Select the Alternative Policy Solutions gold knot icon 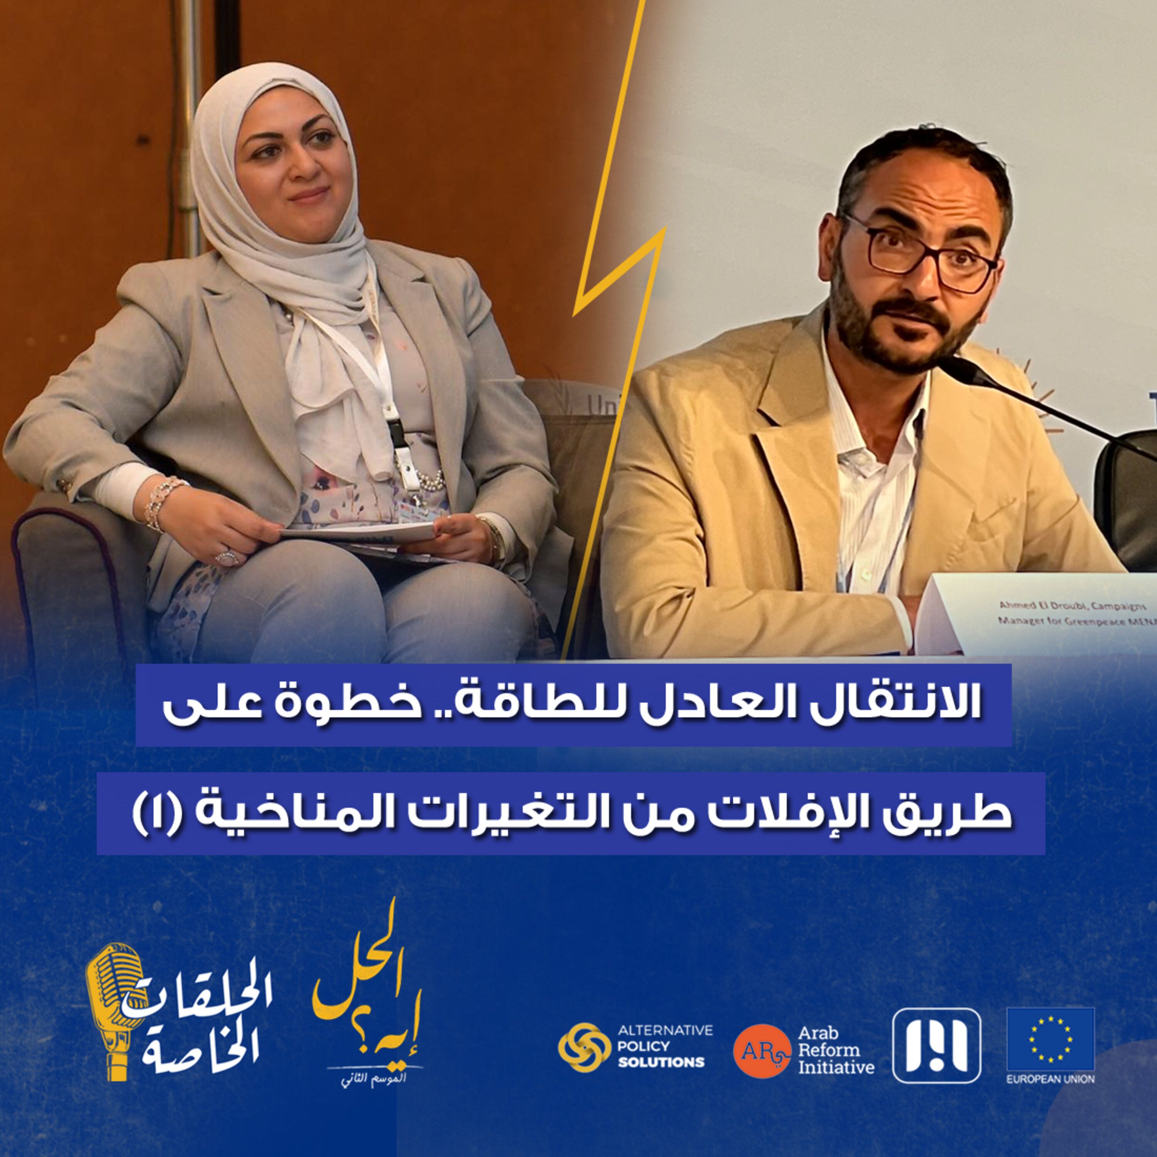coord(580,1046)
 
